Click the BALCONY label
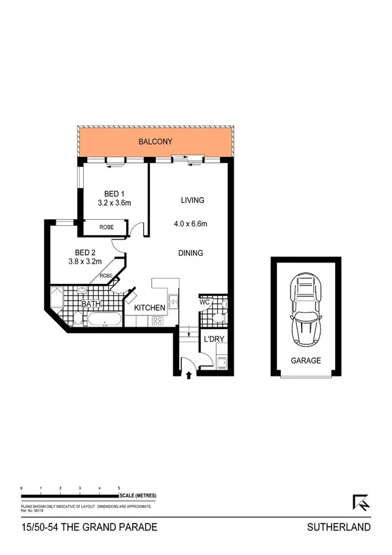tap(154, 141)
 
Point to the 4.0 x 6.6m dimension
tap(190, 224)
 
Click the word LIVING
tap(193, 200)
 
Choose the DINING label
tap(190, 253)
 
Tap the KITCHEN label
tap(149, 308)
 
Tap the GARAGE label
tap(306, 360)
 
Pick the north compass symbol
tap(361, 503)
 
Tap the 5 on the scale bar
tap(118, 488)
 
